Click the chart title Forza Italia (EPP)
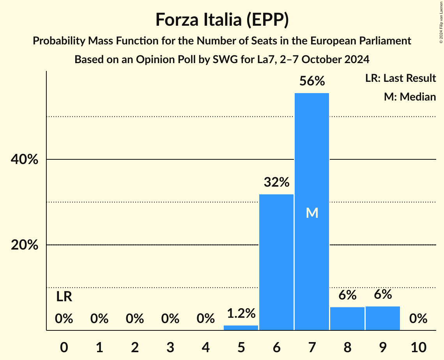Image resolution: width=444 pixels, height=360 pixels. [x=222, y=20]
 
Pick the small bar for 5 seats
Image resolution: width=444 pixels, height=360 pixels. [x=241, y=328]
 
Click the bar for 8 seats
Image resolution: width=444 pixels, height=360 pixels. [x=347, y=319]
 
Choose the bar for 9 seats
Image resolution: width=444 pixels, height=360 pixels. [x=383, y=318]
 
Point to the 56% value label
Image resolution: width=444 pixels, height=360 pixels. [x=312, y=81]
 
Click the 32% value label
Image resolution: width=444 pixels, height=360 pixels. [x=276, y=182]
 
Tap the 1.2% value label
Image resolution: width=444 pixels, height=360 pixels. [x=241, y=313]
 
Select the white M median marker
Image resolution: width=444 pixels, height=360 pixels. [x=312, y=213]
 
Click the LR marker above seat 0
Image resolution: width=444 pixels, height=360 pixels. [x=64, y=297]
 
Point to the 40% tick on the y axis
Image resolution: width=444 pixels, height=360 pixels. [x=24, y=160]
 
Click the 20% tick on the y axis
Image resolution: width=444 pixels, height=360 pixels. [x=24, y=245]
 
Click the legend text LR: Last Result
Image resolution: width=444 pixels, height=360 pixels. [x=400, y=78]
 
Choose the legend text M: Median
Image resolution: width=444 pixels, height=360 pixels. [x=410, y=97]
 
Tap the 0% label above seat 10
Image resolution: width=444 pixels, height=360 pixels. [x=418, y=319]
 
